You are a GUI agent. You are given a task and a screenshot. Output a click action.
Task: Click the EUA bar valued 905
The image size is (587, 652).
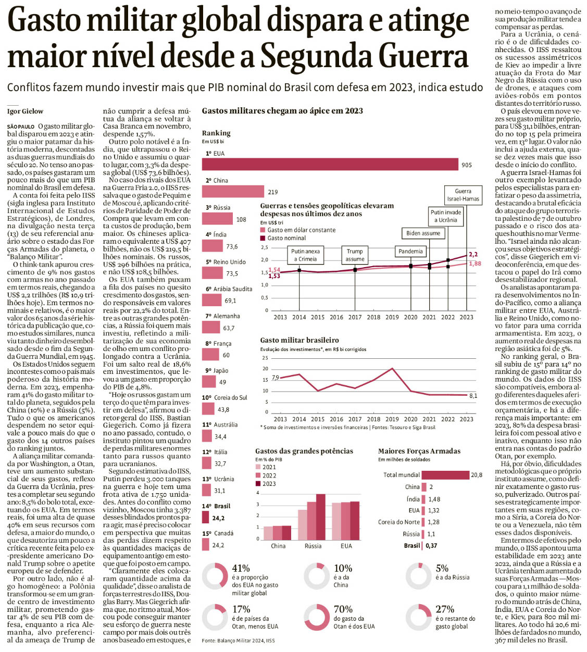click(330, 165)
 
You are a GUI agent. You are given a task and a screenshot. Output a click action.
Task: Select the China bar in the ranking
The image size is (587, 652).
click(233, 192)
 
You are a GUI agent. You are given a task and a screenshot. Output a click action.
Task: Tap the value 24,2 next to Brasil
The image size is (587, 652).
click(218, 518)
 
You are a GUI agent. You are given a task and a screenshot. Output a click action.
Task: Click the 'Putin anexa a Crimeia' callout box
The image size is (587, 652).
click(305, 255)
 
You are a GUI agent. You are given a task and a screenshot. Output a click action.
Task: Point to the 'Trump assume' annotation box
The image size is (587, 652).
click(355, 255)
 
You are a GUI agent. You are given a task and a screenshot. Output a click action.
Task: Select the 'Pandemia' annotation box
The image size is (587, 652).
click(410, 252)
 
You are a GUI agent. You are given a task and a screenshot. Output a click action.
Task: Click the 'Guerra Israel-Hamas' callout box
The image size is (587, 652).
click(463, 195)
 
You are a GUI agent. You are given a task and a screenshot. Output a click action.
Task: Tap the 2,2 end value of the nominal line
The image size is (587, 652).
click(473, 255)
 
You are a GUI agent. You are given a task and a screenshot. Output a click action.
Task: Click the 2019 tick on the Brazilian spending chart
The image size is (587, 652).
click(392, 419)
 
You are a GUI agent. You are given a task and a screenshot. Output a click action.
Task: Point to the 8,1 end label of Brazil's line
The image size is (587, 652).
click(473, 396)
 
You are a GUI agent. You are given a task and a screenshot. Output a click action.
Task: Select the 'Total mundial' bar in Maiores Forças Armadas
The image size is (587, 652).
click(445, 475)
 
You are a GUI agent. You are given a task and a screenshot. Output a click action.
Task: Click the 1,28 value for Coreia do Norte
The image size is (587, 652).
click(434, 522)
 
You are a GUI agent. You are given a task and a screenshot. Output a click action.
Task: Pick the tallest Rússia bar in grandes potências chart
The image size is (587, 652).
click(320, 517)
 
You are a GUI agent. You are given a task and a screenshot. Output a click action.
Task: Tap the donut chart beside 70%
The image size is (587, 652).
click(317, 617)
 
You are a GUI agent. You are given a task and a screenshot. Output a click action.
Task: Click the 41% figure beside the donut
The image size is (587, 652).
click(241, 568)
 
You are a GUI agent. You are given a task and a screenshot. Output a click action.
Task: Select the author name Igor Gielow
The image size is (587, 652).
click(25, 111)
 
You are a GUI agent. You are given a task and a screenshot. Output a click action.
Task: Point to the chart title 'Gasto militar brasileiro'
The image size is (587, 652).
click(299, 340)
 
